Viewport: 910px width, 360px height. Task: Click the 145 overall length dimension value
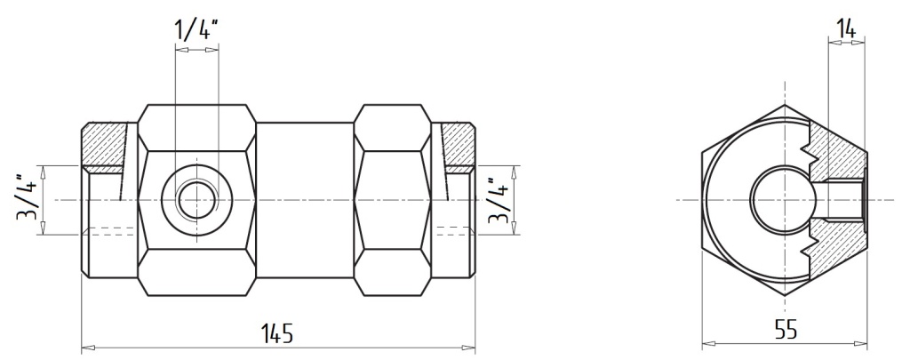point(277,333)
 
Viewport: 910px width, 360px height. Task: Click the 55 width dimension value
point(786,330)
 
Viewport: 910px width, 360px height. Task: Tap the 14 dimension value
point(846,28)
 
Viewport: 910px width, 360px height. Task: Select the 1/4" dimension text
point(196,29)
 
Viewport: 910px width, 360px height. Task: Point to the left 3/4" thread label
point(28,200)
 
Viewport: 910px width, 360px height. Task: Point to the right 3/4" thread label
point(499,200)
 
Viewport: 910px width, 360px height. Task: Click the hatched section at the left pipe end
point(105,144)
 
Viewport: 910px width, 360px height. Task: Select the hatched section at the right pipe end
point(458,144)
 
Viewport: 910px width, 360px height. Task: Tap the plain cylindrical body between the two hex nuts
point(305,200)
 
